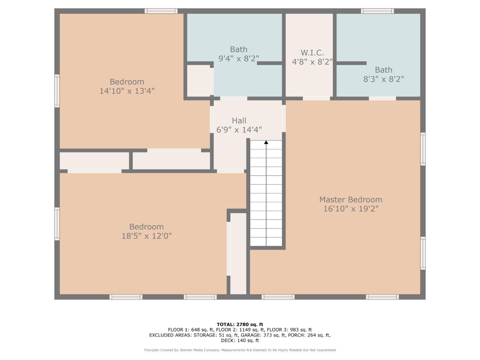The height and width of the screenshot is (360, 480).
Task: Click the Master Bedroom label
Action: click(351, 200)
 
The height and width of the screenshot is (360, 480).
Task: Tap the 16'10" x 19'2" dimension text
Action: click(351, 209)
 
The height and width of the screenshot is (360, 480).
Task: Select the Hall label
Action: click(239, 121)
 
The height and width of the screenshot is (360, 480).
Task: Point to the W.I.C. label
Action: click(312, 53)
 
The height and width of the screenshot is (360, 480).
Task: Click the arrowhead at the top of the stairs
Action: click(266, 142)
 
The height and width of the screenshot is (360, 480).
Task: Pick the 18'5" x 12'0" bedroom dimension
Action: click(147, 236)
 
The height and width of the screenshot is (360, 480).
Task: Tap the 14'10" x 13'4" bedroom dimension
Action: click(127, 91)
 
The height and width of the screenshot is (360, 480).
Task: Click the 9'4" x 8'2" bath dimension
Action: click(239, 59)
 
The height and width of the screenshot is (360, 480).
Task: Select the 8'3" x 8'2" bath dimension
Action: click(384, 79)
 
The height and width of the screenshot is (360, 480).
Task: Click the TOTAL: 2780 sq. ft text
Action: click(240, 324)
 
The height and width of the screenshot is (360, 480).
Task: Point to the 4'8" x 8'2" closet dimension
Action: click(312, 62)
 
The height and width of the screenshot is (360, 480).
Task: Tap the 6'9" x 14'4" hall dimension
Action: click(239, 130)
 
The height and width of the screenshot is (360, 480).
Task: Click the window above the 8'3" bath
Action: click(377, 11)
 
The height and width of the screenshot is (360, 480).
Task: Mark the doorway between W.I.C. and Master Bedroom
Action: click(316, 99)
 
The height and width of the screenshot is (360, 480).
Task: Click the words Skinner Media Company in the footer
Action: click(199, 350)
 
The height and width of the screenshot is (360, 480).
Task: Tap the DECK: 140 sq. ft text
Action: click(240, 340)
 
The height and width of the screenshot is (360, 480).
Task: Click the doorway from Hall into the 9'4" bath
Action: click(234, 99)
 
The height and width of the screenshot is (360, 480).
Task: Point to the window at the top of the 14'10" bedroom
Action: click(161, 11)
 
